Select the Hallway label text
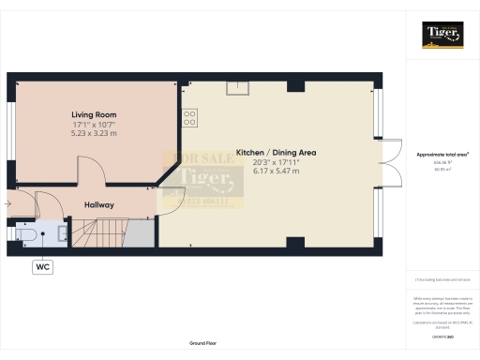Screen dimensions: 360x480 pyautogui.click(x=99, y=204)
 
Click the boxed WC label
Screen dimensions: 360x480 pyautogui.click(x=42, y=267)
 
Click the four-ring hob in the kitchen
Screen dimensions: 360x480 pyautogui.click(x=188, y=118)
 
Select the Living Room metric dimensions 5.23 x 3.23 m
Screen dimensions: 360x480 pyautogui.click(x=94, y=133)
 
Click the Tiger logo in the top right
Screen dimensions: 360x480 pyautogui.click(x=442, y=34)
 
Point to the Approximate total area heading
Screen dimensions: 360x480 pyautogui.click(x=442, y=152)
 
